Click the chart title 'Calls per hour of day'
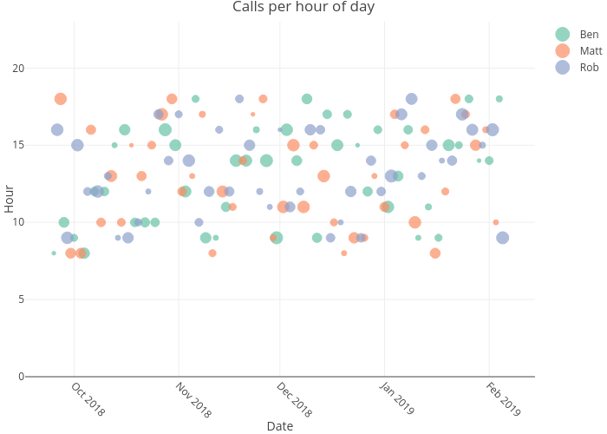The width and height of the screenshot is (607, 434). point(303,8)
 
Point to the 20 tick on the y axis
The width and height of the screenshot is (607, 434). point(18,69)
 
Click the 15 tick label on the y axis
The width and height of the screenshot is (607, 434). point(18,145)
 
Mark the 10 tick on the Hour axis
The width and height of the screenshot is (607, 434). point(18,222)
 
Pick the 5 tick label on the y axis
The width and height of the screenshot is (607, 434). point(21,299)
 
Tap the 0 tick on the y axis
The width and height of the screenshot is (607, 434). point(21,376)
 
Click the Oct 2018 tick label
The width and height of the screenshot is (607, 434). point(88,399)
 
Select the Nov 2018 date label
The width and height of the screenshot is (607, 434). point(193,399)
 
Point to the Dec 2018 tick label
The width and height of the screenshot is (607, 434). point(294,399)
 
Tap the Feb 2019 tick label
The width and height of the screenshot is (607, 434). point(502,399)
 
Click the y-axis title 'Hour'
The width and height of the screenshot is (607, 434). point(9,199)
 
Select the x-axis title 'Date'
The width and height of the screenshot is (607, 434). point(279,426)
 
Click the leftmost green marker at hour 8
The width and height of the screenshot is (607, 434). point(54,253)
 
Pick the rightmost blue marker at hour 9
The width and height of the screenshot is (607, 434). point(502,238)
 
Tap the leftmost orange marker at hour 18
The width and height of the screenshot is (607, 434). point(61,99)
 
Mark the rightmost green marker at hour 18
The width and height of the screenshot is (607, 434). point(499,99)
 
